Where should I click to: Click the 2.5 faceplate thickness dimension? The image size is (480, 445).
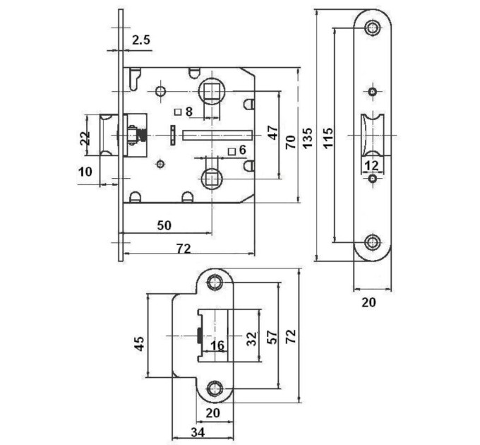click(x=141, y=40)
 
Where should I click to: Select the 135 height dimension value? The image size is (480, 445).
click(x=308, y=138)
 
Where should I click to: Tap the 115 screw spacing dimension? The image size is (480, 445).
click(x=328, y=138)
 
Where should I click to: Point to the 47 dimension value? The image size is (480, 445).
click(x=272, y=132)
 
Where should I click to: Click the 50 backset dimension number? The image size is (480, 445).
click(x=164, y=225)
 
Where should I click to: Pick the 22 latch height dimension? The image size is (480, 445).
click(x=85, y=138)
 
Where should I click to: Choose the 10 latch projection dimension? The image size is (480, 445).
click(x=85, y=172)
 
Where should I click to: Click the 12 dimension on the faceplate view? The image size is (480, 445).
click(x=372, y=166)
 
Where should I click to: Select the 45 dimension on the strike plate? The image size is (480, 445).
click(x=140, y=343)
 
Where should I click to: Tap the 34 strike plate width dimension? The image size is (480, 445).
click(x=198, y=433)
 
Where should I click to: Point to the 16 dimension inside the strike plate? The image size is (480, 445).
click(x=217, y=345)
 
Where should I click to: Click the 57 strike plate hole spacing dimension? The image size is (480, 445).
click(x=272, y=337)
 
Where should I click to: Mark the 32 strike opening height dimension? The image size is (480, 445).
click(x=252, y=339)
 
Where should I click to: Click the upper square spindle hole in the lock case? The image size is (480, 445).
click(x=212, y=91)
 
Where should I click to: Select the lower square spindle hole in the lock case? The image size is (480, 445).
click(x=212, y=179)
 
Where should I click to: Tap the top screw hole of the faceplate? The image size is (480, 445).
click(x=373, y=28)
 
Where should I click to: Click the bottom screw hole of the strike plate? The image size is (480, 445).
click(x=215, y=389)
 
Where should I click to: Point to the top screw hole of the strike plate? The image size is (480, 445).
click(x=215, y=283)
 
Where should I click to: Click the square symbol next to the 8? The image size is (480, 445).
click(x=178, y=112)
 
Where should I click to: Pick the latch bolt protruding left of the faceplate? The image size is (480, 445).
click(x=109, y=135)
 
